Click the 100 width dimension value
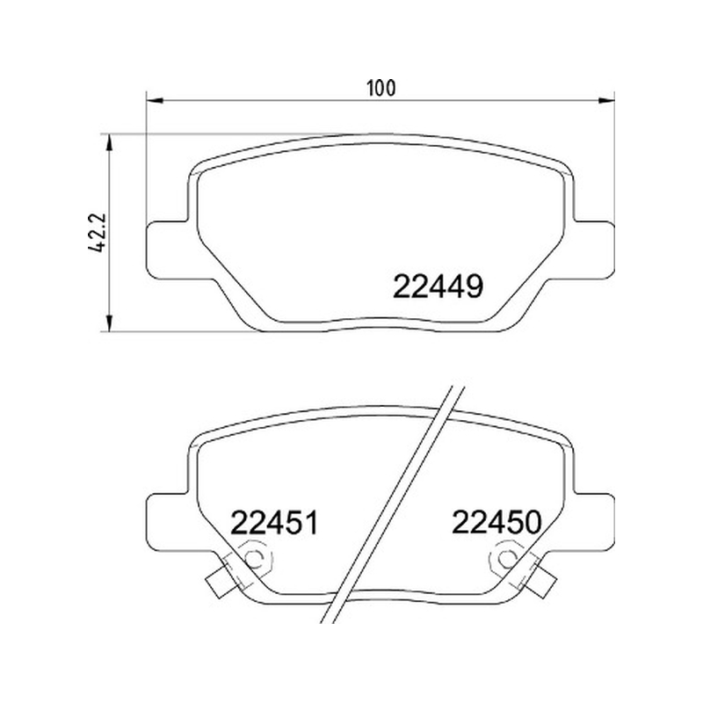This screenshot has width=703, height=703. pos(381,89)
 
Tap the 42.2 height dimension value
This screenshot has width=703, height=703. pos(98,233)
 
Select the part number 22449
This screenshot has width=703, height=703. pos(438,287)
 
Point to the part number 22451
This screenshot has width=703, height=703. pos(274,523)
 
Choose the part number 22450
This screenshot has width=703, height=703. pos(496,522)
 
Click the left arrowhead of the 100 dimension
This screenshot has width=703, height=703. pos(154,100)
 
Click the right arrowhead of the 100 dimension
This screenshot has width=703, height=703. pos(607,100)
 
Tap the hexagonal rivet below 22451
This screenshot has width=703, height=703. pos(255,559)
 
